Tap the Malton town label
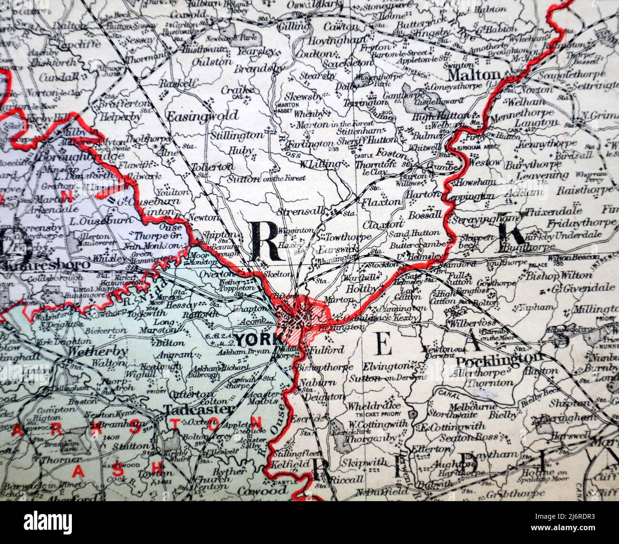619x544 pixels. tap(474, 75)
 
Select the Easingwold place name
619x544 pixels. tap(202, 115)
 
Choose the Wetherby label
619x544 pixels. tap(98, 352)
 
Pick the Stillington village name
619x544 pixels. tap(237, 135)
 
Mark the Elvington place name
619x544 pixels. tap(386, 366)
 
